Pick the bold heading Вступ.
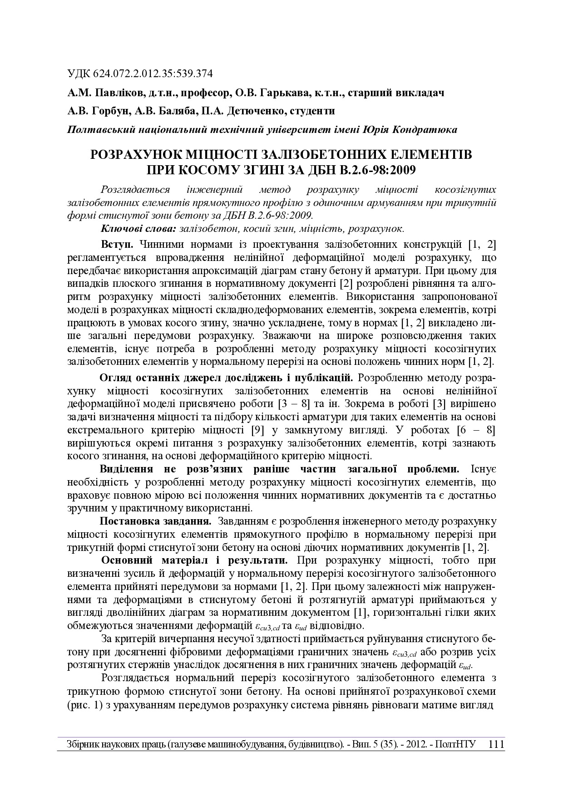pos(117,245)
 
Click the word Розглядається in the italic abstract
pos(135,190)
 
